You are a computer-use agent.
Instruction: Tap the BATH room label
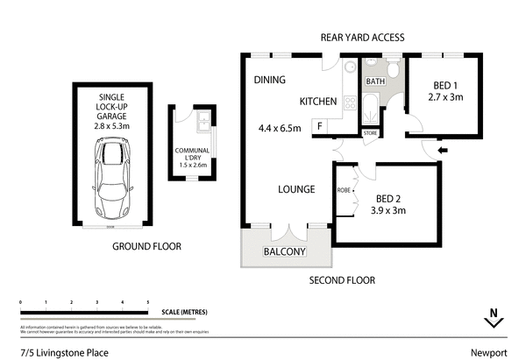pos(375,81)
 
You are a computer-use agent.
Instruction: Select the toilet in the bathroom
pos(394,68)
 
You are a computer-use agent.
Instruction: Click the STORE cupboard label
pos(370,134)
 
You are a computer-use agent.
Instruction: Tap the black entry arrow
pos(441,151)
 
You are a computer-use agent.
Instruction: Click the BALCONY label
pos(285,253)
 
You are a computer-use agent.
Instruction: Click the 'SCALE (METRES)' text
pos(185,312)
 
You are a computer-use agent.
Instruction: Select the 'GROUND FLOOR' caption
pos(146,247)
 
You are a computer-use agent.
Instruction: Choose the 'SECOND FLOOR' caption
pos(342,280)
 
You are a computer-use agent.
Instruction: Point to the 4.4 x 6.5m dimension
pos(280,129)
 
